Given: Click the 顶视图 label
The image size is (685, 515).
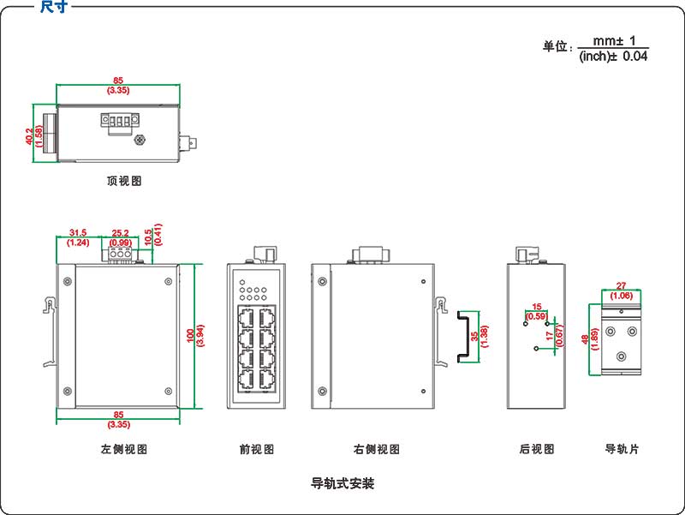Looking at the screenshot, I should [124, 182].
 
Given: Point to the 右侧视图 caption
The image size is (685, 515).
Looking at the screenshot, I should [377, 449].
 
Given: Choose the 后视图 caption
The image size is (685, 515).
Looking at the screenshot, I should [537, 449].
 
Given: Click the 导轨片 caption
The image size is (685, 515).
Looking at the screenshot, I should [622, 449].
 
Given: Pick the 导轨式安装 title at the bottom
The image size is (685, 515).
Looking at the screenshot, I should [342, 483].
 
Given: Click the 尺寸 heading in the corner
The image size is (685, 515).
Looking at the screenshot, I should [54, 7].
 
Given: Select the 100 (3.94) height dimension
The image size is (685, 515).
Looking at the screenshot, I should [195, 335].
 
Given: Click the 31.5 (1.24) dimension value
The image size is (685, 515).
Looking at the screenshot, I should [78, 237].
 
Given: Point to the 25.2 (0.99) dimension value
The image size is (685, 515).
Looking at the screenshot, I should [121, 237].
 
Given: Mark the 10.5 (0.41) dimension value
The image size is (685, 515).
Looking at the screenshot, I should [153, 237].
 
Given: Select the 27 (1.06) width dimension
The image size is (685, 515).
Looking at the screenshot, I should [622, 291].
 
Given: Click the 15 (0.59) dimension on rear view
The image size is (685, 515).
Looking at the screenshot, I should [537, 311].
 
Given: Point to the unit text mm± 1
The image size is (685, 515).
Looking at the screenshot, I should [614, 40].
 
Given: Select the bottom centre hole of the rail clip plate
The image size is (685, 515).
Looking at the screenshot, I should [622, 356].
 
